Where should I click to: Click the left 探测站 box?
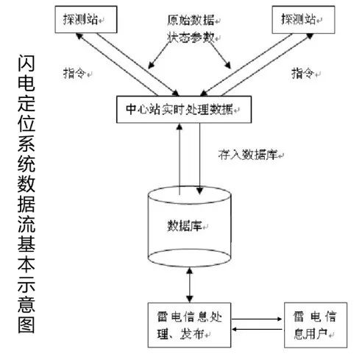click(86, 20)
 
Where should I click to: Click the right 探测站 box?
click(303, 20)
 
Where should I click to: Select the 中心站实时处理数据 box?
click(184, 110)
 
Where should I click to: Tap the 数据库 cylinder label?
click(185, 225)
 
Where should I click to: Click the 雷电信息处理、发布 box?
click(189, 325)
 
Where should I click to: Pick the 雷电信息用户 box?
click(316, 325)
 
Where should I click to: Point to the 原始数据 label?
click(191, 20)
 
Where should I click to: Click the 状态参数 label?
click(191, 38)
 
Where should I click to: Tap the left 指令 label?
click(74, 73)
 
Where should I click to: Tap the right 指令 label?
click(303, 73)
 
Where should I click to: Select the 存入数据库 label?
click(248, 155)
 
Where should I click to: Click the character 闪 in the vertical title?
click(26, 63)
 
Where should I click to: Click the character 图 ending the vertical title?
click(26, 325)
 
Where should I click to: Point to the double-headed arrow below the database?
click(190, 285)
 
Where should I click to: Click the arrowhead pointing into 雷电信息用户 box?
click(280, 319)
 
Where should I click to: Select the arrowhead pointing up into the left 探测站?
click(79, 36)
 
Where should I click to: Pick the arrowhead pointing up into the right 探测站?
click(310, 36)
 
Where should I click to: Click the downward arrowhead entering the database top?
click(199, 191)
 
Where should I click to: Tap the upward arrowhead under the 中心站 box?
click(180, 127)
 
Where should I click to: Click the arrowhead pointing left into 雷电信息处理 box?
click(235, 329)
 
